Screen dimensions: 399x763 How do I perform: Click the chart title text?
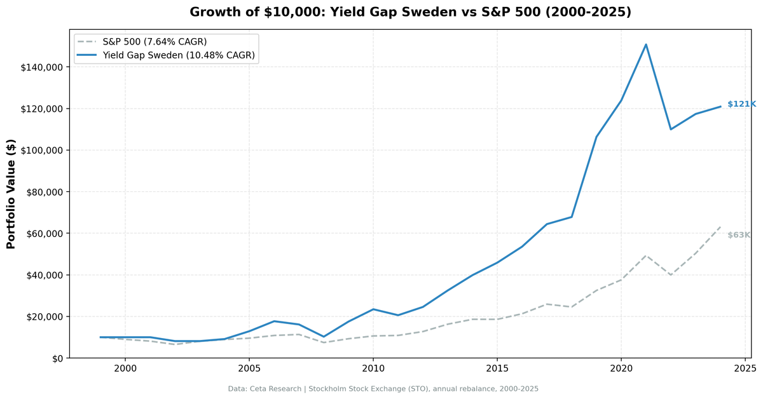[410, 12]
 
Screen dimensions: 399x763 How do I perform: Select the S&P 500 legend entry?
[155, 42]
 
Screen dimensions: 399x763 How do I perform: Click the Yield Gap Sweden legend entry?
[179, 55]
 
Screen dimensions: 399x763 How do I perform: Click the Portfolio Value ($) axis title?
[11, 194]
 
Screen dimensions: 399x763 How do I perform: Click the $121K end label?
[741, 104]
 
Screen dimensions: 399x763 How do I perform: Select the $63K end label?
[739, 235]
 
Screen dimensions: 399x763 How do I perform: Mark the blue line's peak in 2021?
[646, 44]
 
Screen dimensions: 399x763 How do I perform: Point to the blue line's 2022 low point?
[671, 130]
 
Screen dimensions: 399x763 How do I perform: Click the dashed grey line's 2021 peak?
[646, 255]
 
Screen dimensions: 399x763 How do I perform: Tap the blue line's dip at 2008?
[324, 337]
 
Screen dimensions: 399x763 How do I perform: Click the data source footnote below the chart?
[383, 389]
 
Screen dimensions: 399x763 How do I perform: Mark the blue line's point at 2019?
[596, 137]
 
